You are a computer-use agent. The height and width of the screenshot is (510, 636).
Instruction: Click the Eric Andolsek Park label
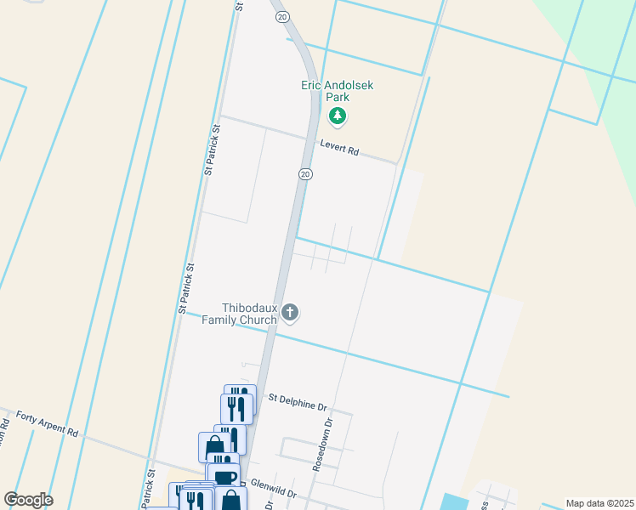(x=338, y=91)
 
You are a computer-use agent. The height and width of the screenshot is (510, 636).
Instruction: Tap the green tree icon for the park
(x=338, y=116)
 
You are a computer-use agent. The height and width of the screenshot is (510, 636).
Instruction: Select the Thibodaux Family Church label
(x=249, y=314)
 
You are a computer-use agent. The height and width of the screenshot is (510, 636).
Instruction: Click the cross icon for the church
(x=290, y=313)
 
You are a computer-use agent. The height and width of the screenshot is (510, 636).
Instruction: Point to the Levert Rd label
(x=339, y=149)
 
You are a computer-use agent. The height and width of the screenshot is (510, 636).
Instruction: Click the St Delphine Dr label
(x=298, y=401)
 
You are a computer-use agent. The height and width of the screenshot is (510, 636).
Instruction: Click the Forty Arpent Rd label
(x=47, y=422)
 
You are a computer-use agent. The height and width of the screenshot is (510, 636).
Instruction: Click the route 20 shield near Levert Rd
(x=306, y=173)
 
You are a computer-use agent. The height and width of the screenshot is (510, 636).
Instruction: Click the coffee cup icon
(x=224, y=477)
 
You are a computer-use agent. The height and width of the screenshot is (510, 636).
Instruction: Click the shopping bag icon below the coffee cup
(x=230, y=500)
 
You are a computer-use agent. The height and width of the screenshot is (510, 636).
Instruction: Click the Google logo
(x=28, y=500)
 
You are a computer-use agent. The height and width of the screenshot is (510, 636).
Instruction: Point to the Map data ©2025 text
(x=599, y=503)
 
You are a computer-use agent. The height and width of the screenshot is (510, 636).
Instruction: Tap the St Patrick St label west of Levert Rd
(x=213, y=150)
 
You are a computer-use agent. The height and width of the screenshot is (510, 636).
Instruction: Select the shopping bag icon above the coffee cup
(x=213, y=445)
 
